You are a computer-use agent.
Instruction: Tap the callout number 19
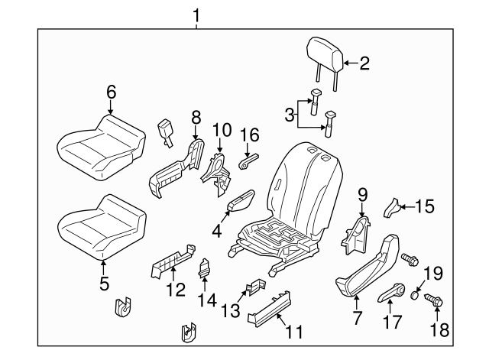433,274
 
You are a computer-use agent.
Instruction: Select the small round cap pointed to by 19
414,295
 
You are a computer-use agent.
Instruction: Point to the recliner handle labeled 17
391,293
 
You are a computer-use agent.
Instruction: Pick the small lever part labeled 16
250,161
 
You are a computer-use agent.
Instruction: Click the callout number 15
425,206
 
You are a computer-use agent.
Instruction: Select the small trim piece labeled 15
392,208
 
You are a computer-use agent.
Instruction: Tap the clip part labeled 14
204,268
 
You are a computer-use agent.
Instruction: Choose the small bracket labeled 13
257,287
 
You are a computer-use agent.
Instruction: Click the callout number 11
295,332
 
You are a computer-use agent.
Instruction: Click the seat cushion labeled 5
102,226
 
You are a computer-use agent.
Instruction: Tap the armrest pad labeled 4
241,201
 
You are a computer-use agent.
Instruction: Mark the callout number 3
290,115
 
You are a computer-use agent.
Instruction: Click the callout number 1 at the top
196,15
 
